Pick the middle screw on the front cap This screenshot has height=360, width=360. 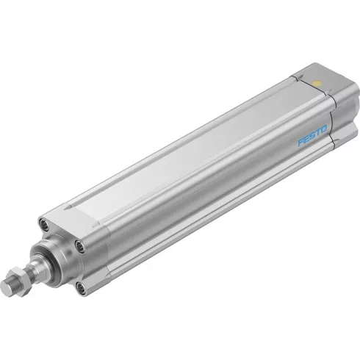[x=79, y=244]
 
